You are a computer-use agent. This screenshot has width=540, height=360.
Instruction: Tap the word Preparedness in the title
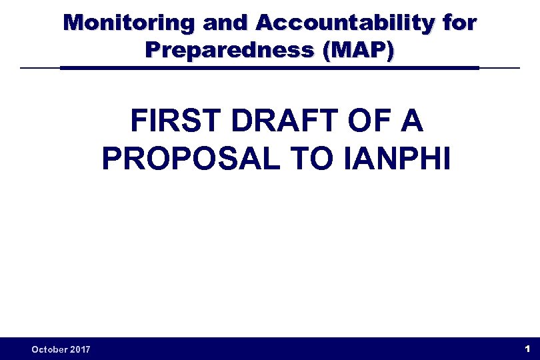(x=230, y=49)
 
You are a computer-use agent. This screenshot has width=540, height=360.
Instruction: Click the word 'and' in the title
(x=226, y=23)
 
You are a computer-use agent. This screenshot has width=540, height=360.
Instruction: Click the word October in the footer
(x=51, y=349)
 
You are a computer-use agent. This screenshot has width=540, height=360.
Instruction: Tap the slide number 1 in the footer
(x=527, y=349)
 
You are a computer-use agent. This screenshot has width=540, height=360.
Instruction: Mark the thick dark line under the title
(x=269, y=68)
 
